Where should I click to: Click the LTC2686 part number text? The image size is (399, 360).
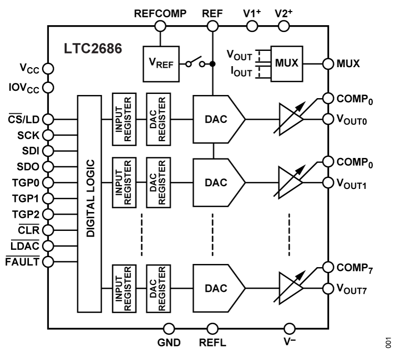[x=93, y=49]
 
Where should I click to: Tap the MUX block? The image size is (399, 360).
[x=287, y=63]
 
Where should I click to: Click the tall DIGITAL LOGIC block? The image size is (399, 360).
[x=89, y=204]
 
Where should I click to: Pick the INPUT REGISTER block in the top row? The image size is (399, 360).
[x=124, y=119]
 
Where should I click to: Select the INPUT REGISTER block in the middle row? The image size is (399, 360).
[x=124, y=183]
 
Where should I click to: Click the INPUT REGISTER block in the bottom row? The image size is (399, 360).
[x=124, y=289]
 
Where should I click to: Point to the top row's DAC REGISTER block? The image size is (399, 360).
[x=157, y=119]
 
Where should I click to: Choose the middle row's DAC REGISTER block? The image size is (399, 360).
[x=157, y=183]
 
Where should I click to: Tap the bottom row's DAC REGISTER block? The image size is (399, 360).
[x=157, y=289]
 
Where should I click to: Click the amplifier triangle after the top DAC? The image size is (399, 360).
[x=289, y=120]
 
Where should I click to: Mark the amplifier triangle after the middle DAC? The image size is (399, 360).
[x=289, y=183]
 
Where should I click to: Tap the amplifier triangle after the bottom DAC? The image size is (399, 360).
[x=289, y=289]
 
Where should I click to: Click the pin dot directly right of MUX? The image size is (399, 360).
[x=328, y=64]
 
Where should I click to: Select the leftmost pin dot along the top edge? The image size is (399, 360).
[x=161, y=26]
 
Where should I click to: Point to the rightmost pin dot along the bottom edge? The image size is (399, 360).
[x=290, y=329]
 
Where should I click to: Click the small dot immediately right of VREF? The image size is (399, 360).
[x=189, y=65]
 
